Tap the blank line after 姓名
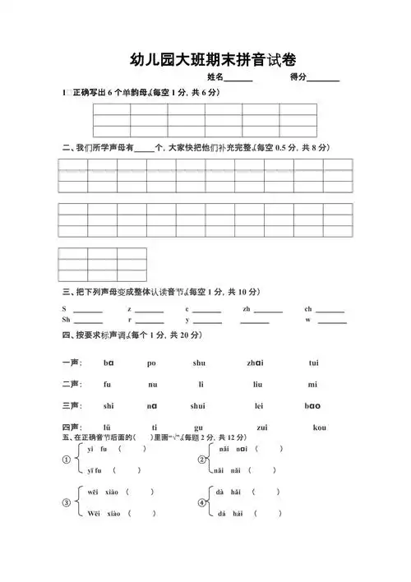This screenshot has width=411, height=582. (x=238, y=81)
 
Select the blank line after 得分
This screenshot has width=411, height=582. (x=323, y=81)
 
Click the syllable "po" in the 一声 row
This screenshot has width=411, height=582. (x=151, y=363)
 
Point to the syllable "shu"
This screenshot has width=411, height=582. (x=199, y=363)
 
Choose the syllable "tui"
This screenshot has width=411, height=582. (x=313, y=363)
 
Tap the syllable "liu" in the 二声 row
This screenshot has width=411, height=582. (x=257, y=384)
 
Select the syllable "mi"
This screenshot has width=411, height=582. (x=312, y=384)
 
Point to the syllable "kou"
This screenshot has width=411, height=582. (x=320, y=427)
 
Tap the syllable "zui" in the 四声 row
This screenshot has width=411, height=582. (x=261, y=427)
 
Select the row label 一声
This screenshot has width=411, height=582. (x=71, y=363)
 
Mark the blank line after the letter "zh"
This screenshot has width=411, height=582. (x=268, y=311)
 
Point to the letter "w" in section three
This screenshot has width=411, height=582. (x=308, y=319)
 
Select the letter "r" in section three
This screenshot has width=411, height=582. (x=129, y=319)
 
